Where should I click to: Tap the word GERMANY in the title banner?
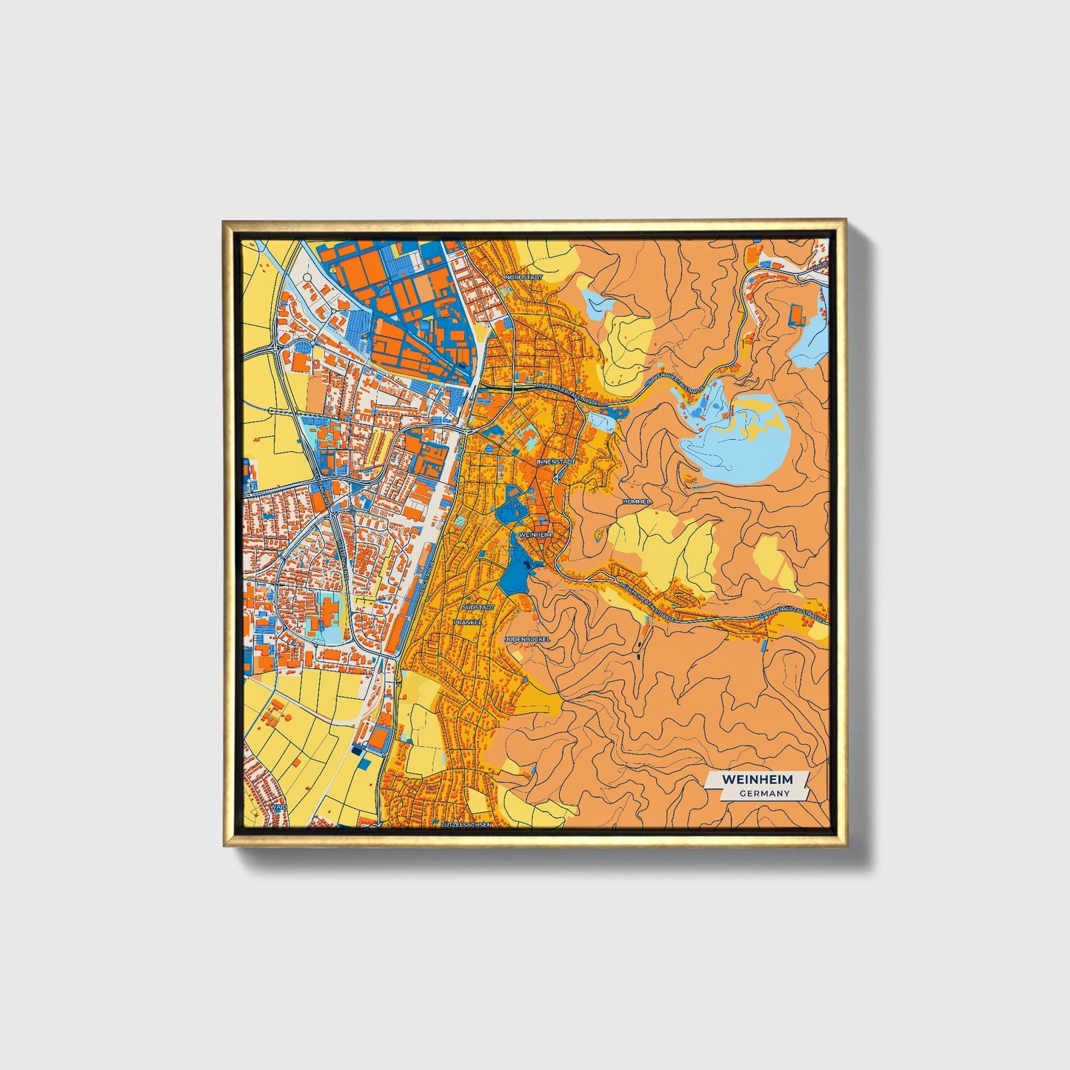(x=763, y=794)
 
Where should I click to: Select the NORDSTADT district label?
(x=524, y=277)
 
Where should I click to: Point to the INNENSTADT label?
(x=555, y=461)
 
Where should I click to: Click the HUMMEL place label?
(x=637, y=501)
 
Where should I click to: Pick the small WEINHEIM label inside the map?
(x=535, y=534)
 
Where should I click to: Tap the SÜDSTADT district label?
(x=478, y=606)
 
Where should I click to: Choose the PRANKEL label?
(x=468, y=622)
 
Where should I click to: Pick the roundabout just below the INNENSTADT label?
(x=555, y=478)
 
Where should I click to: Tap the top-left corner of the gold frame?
(x=224, y=221)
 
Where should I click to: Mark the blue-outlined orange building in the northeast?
(x=798, y=315)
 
